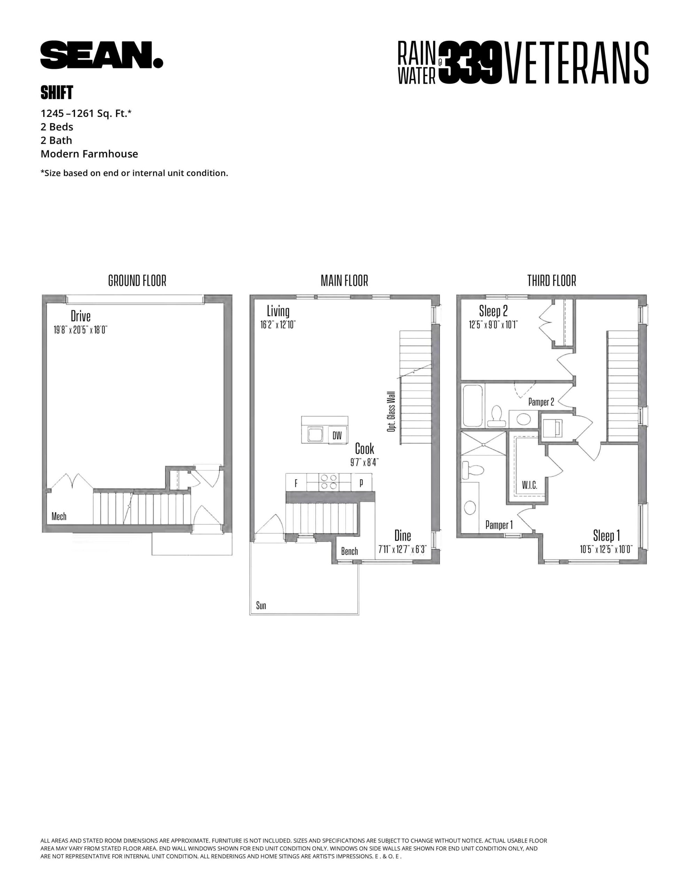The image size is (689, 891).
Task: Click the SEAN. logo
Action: pos(102,55)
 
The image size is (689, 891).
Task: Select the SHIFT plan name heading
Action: pos(57,93)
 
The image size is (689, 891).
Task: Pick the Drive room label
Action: pos(80,316)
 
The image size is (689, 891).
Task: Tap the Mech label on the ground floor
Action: pos(59,517)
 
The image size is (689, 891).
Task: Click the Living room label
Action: pos(278,311)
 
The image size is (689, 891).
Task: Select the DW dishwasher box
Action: pos(337,436)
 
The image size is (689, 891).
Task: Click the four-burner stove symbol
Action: pos(329,481)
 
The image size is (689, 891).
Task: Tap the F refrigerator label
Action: pos(296,484)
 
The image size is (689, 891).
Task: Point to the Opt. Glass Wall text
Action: pos(391,412)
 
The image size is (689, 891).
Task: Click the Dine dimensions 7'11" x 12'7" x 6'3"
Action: pos(402,550)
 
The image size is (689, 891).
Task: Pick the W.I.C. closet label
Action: pos(529,485)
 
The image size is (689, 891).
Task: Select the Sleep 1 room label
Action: pos(606,535)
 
